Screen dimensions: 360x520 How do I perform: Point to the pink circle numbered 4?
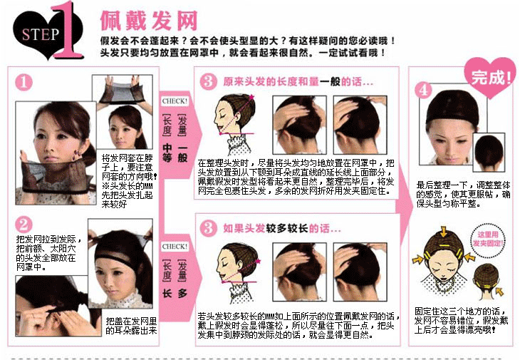(425, 90)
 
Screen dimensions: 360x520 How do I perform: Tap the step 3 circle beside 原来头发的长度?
(207, 82)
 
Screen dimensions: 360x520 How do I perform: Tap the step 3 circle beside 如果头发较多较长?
(207, 228)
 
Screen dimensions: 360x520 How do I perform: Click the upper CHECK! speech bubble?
(175, 101)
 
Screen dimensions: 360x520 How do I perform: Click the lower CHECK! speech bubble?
(175, 247)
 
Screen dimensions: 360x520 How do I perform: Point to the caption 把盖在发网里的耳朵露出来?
(130, 326)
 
